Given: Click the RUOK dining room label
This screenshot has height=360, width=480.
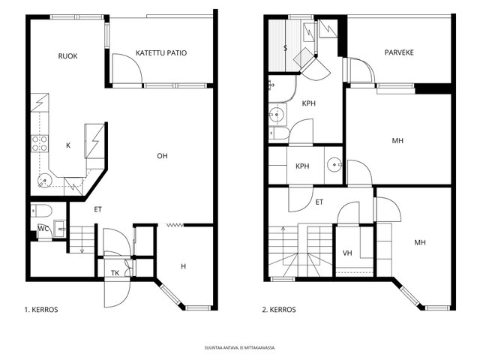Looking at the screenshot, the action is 67,56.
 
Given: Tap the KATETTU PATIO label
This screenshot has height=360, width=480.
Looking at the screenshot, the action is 161,53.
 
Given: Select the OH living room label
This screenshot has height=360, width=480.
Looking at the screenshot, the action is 162,156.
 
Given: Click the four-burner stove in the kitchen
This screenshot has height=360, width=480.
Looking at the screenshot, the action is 40,143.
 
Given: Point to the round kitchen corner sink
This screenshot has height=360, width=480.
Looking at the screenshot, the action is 45,181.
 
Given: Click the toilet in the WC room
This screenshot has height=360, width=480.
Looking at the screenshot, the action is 42,210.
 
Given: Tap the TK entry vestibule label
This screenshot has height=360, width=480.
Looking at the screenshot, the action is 115,273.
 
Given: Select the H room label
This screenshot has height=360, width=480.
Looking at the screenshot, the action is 183,266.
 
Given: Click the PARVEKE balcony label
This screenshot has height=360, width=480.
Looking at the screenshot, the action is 399,52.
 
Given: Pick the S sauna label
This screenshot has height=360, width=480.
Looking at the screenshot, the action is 285,48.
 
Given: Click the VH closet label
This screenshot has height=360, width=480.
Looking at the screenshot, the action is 347,253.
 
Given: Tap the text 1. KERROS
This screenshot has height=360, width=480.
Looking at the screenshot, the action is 41,310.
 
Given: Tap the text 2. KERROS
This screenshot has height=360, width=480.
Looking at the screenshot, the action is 279,310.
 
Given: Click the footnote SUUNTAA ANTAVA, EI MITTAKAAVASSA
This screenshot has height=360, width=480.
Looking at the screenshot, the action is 240,348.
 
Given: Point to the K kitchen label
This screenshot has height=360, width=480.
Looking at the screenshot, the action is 68,145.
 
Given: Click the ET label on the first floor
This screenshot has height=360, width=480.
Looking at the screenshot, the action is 97,210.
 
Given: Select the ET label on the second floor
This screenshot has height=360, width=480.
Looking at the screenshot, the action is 319,202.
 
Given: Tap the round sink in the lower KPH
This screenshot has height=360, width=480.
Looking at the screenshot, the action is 334,165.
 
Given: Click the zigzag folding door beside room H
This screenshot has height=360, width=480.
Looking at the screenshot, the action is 175,225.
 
